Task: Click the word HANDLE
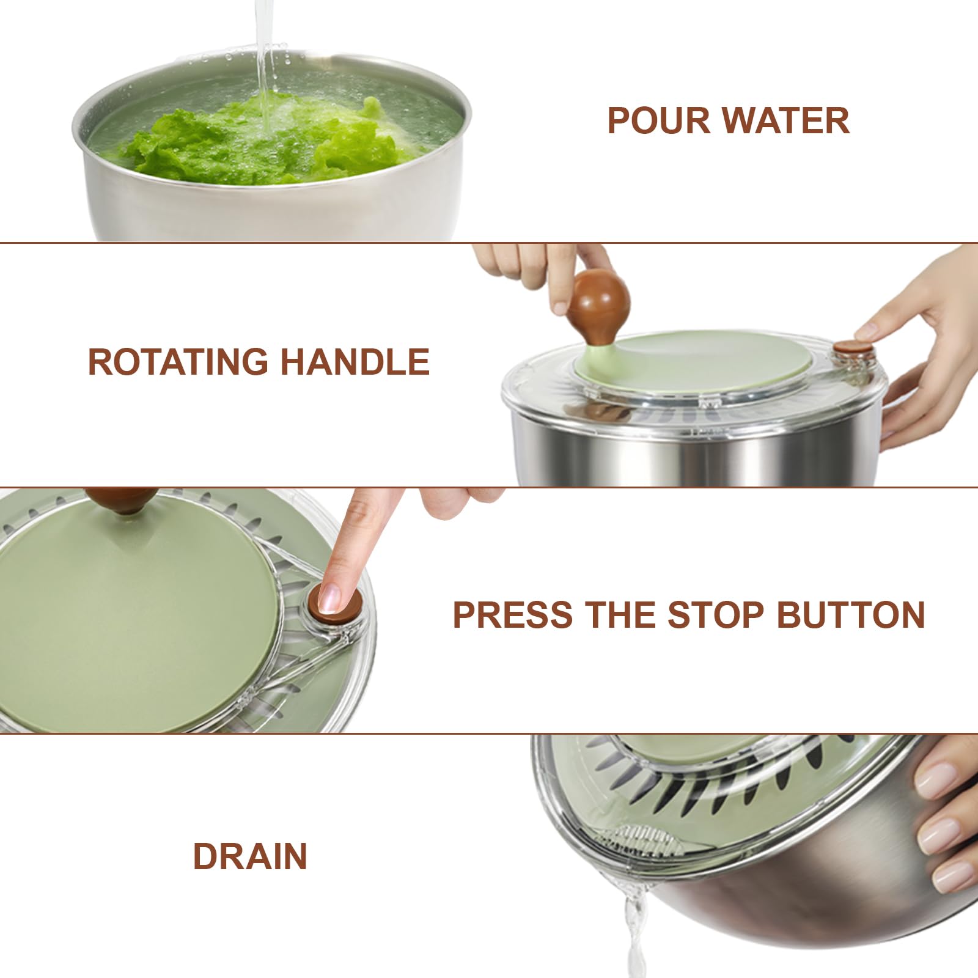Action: click(x=355, y=361)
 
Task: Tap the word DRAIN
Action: click(x=250, y=856)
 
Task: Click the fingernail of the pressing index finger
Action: click(x=330, y=597)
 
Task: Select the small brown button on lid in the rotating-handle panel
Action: click(x=854, y=348)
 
